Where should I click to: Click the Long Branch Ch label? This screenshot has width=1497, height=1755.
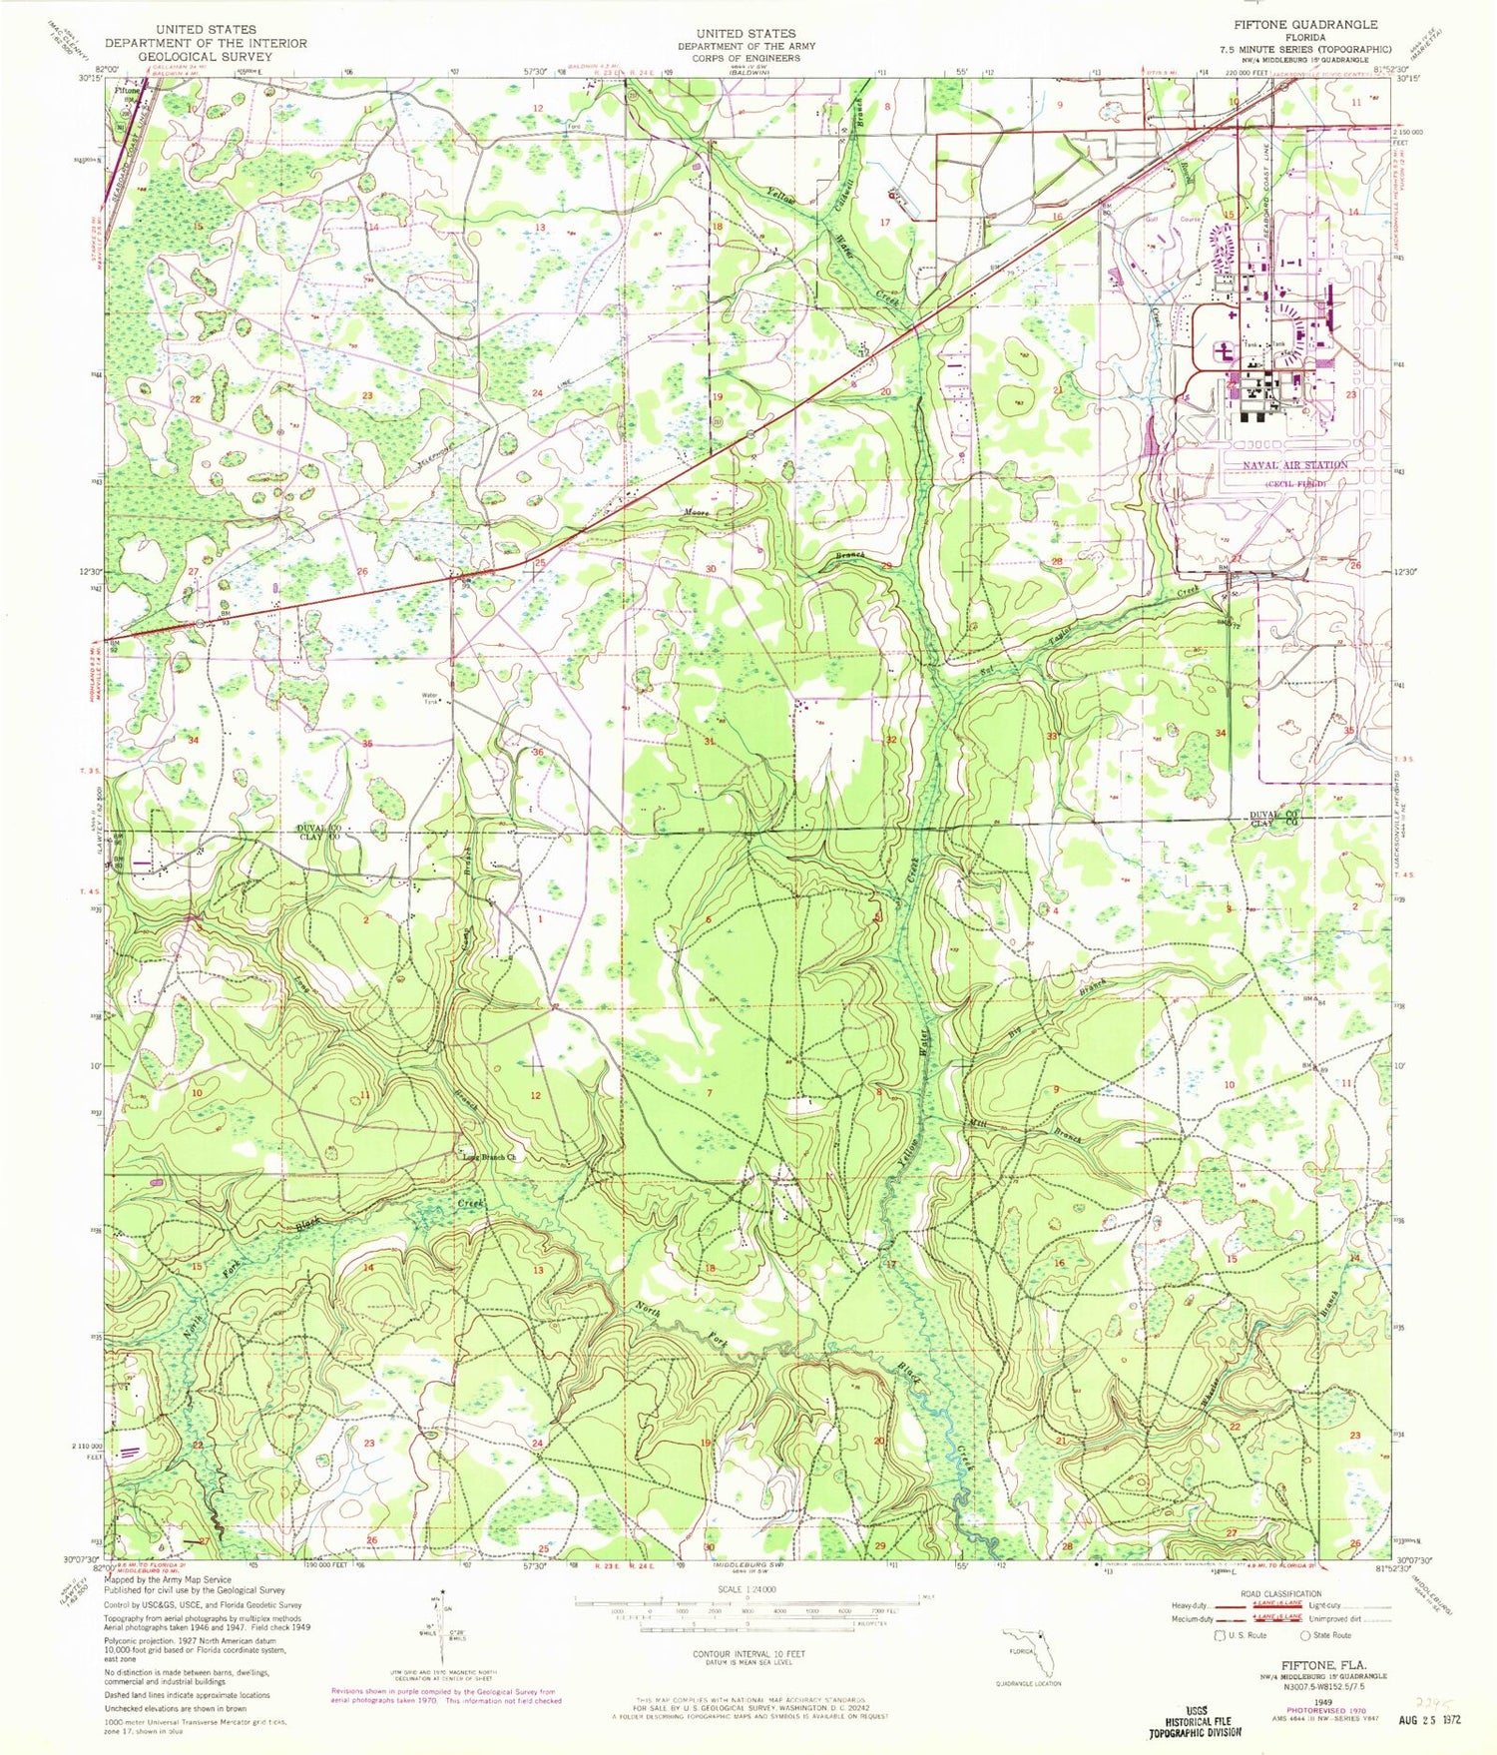[489, 1158]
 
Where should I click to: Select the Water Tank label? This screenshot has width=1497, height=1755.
[430, 698]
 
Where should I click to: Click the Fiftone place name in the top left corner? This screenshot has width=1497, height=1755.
[127, 89]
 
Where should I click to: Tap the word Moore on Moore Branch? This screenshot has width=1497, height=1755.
[696, 513]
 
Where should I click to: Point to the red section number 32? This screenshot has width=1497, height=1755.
[891, 740]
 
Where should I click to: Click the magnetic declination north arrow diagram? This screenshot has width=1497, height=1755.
[442, 1619]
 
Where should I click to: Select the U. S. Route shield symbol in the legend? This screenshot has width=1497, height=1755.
[1219, 1636]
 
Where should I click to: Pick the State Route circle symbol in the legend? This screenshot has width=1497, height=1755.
[1306, 1636]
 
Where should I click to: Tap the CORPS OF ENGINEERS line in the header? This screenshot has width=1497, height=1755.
[746, 58]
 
